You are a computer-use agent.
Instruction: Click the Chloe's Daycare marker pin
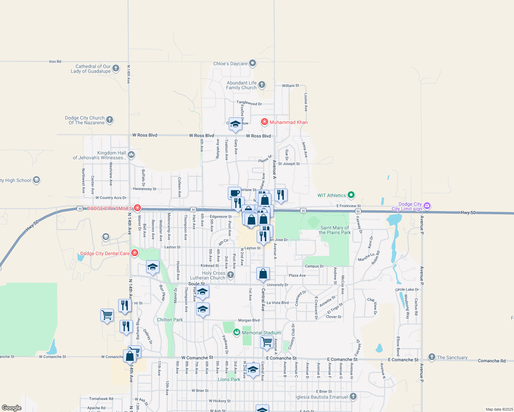pyautogui.click(x=253, y=63)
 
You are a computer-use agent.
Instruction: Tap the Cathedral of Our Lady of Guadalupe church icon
pyautogui.click(x=116, y=68)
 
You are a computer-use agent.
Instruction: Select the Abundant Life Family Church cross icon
pyautogui.click(x=261, y=84)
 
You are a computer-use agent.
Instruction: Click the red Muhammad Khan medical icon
pyautogui.click(x=264, y=122)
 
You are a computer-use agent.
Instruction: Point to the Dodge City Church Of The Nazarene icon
pyautogui.click(x=110, y=120)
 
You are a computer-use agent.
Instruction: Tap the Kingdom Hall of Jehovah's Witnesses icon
pyautogui.click(x=131, y=155)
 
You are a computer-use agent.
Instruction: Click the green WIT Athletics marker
pyautogui.click(x=351, y=195)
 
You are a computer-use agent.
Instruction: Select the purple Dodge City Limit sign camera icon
pyautogui.click(x=427, y=206)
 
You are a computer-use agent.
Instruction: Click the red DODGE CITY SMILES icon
pyautogui.click(x=137, y=208)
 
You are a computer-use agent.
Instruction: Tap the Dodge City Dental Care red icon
pyautogui.click(x=134, y=253)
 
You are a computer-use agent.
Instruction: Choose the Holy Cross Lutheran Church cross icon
pyautogui.click(x=231, y=275)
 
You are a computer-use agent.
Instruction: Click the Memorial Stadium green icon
pyautogui.click(x=236, y=332)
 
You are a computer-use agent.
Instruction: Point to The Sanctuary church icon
pyautogui.click(x=432, y=357)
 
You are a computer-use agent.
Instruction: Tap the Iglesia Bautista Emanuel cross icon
pyautogui.click(x=353, y=397)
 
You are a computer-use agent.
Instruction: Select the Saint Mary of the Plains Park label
pyautogui.click(x=335, y=230)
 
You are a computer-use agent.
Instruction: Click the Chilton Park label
pyautogui.click(x=170, y=320)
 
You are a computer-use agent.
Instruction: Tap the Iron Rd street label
pyautogui.click(x=55, y=61)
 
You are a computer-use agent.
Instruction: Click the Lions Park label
pyautogui.click(x=229, y=379)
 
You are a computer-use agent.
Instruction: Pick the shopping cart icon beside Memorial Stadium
pyautogui.click(x=267, y=342)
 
